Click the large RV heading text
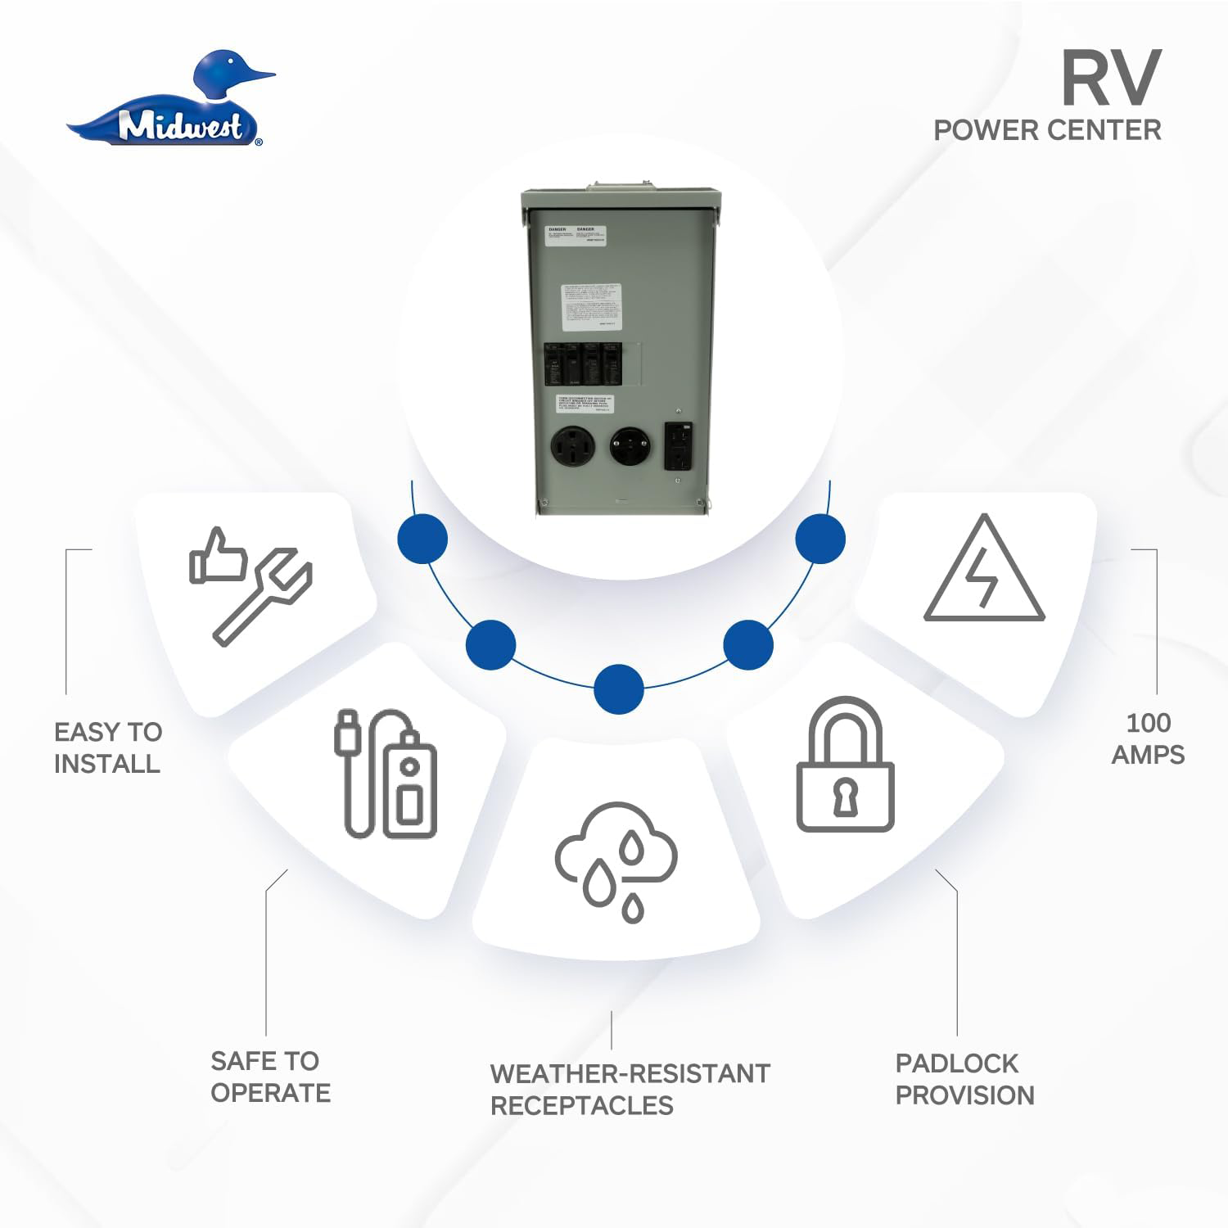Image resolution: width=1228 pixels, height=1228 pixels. click(1110, 79)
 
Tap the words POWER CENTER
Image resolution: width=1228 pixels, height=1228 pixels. click(1047, 130)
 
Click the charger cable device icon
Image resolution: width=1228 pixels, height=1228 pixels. click(386, 773)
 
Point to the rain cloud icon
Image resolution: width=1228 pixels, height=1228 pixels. click(616, 860)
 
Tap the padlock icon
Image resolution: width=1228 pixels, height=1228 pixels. click(845, 765)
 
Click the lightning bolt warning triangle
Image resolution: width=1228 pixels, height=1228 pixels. click(984, 571)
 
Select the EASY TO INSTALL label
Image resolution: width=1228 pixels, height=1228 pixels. click(107, 747)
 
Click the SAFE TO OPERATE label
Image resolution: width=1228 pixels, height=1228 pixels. click(270, 1077)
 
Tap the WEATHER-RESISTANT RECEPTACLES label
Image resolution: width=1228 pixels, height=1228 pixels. click(630, 1089)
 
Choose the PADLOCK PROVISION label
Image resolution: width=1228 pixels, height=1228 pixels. click(964, 1079)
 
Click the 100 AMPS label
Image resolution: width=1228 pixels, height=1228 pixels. click(1148, 738)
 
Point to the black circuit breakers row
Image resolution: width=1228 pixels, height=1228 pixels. click(582, 363)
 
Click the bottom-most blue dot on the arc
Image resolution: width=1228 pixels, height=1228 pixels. click(618, 689)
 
